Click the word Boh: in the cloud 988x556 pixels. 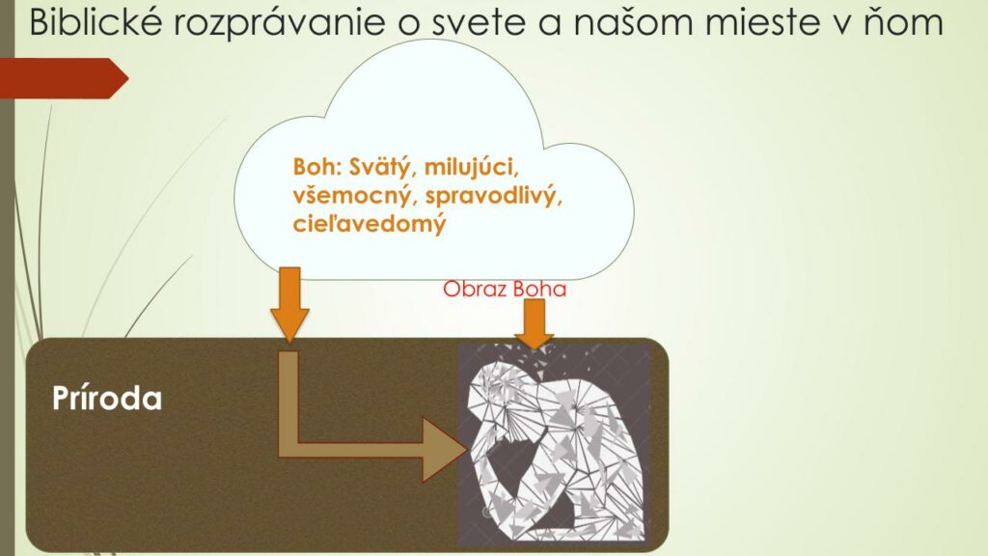click(316, 167)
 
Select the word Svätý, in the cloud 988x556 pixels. click(382, 168)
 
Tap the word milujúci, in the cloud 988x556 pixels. click(471, 168)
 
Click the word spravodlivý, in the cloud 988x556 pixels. click(493, 196)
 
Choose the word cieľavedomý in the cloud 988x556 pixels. click(370, 224)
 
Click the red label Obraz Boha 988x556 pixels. click(504, 289)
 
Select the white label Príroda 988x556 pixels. click(106, 399)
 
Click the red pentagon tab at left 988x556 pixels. click(64, 78)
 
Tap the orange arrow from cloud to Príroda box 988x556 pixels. click(289, 304)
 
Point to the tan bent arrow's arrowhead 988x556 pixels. click(443, 450)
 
